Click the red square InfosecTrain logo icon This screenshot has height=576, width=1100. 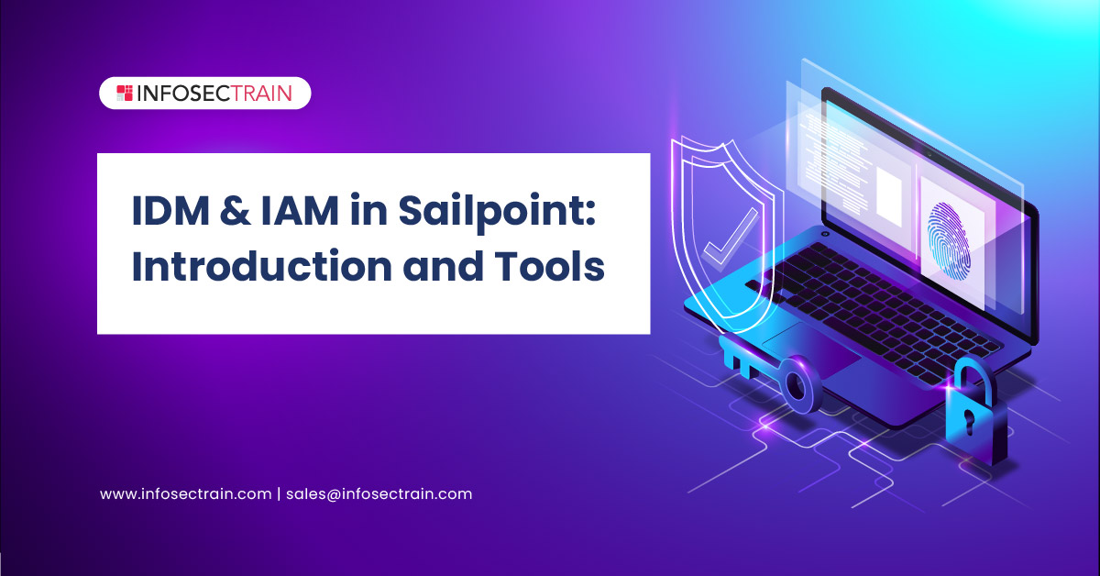tap(125, 93)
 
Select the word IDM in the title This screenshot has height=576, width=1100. tap(170, 211)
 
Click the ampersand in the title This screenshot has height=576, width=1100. tap(235, 211)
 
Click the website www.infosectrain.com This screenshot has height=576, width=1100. tap(185, 494)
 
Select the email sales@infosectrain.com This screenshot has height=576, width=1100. tap(379, 494)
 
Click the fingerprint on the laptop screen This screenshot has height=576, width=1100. tap(948, 241)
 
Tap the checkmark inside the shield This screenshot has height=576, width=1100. tap(730, 238)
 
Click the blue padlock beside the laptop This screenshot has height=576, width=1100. tap(974, 412)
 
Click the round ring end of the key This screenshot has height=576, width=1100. tap(798, 385)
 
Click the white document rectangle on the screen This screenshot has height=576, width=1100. tap(889, 196)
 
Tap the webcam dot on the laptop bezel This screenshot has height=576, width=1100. tap(929, 155)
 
